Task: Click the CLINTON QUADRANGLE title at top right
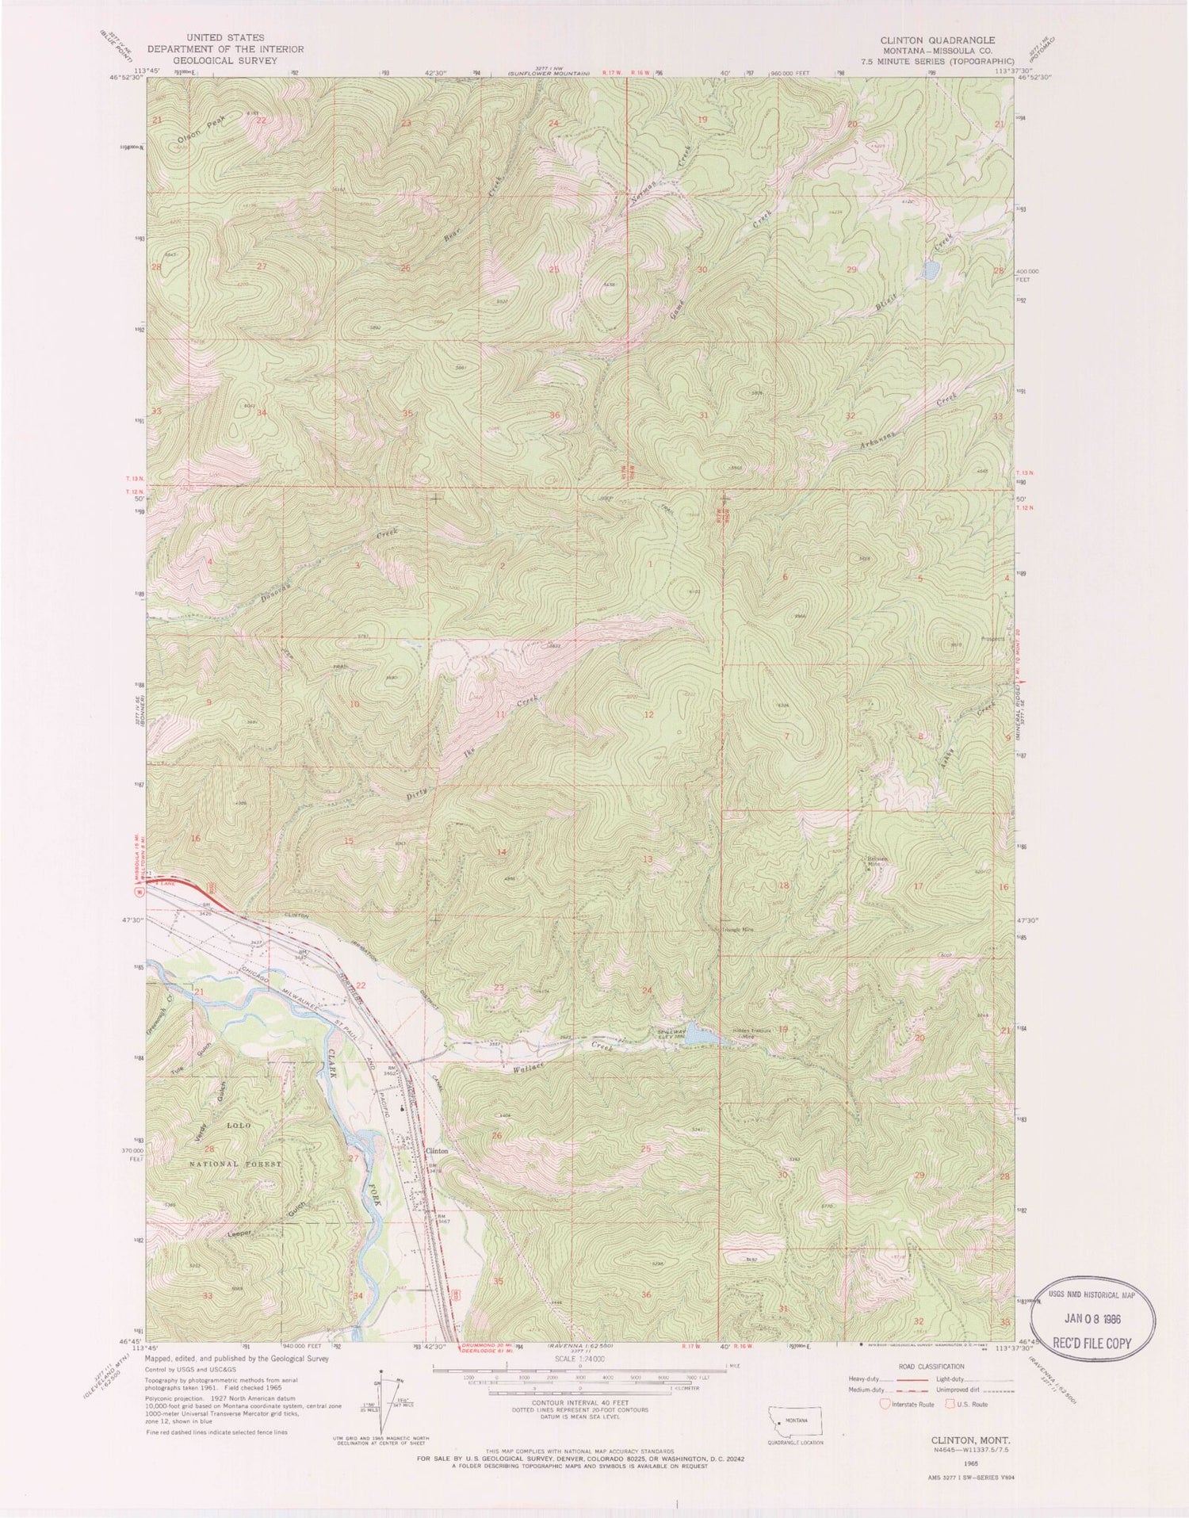click(938, 40)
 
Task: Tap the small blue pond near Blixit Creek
click(930, 271)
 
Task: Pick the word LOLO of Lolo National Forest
click(239, 1126)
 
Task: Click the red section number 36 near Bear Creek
click(554, 415)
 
